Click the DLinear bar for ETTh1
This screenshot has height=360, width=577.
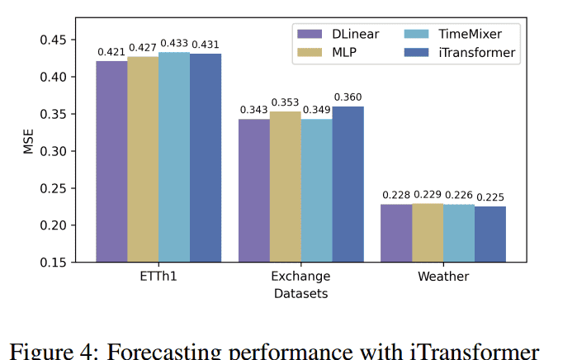[111, 161]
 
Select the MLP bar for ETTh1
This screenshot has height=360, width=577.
[143, 159]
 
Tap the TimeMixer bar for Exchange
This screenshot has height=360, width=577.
[316, 190]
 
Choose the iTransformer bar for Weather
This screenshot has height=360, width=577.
[490, 234]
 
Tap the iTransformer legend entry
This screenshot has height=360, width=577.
[466, 53]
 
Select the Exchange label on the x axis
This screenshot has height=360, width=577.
[300, 276]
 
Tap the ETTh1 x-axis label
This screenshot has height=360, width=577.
[158, 276]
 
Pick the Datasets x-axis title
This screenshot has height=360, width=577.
[300, 292]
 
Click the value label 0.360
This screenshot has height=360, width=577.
[348, 97]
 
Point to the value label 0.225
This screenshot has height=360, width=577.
[490, 197]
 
